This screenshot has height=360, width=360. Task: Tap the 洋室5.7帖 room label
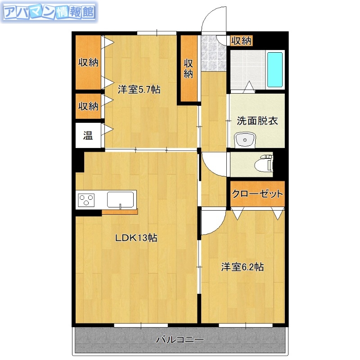click(x=139, y=89)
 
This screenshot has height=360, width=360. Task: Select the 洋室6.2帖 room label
click(x=242, y=267)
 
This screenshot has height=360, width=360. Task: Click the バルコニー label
click(x=180, y=340)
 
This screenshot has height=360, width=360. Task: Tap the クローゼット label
click(x=257, y=194)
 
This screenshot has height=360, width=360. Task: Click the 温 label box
click(x=88, y=135)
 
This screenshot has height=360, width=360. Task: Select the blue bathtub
click(x=274, y=70)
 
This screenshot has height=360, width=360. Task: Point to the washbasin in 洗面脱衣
click(x=245, y=139)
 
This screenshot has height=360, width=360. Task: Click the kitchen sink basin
click(x=121, y=199)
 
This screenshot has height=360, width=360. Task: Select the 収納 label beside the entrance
click(x=241, y=40)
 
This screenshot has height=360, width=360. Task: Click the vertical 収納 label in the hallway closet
click(x=189, y=68)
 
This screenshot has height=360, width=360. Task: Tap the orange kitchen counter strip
click(x=120, y=212)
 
